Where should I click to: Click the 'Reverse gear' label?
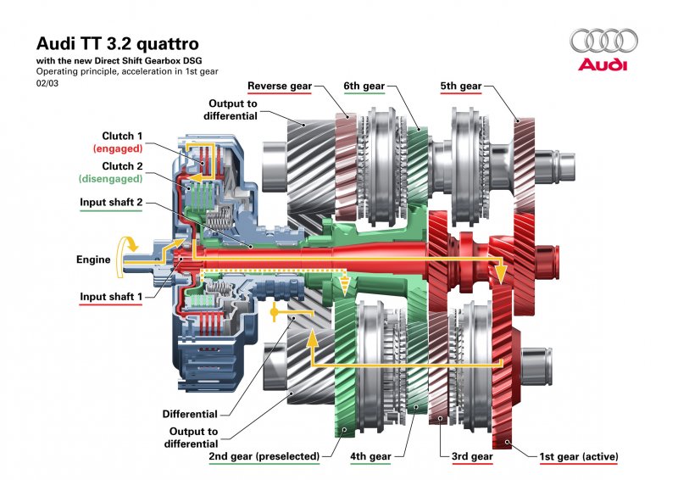[x=279, y=86]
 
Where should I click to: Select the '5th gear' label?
[x=461, y=86]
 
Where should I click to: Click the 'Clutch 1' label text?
[x=123, y=136]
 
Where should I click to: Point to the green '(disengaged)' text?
[x=110, y=179]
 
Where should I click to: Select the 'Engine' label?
[x=93, y=260]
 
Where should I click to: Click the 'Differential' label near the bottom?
[x=190, y=414]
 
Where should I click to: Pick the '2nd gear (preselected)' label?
[x=264, y=457]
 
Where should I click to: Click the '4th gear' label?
[x=370, y=457]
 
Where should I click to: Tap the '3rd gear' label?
[x=472, y=457]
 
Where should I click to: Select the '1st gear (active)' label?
[x=579, y=457]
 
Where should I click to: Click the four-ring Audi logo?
[x=603, y=41]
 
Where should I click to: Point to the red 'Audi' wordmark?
[x=603, y=65]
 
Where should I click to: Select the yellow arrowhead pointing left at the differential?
[x=275, y=315]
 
